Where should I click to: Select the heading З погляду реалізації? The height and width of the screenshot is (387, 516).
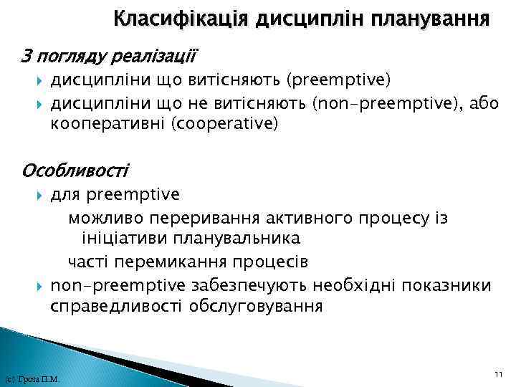(x=110, y=55)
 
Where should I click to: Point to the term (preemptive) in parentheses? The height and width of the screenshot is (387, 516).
(x=349, y=77)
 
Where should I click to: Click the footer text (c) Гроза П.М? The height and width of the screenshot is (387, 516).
(x=32, y=379)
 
